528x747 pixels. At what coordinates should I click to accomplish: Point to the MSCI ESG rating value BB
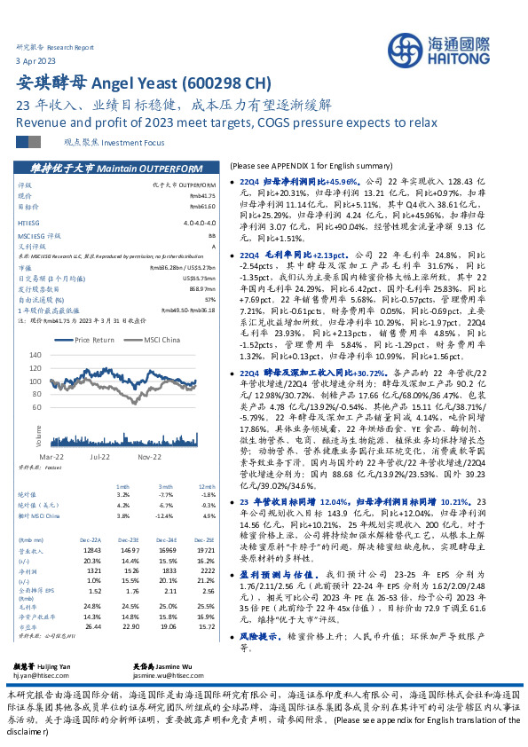211,235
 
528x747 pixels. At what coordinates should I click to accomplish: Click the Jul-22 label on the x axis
99,456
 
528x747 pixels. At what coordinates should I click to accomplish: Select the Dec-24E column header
165,515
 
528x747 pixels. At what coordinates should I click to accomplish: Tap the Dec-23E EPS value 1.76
133,564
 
